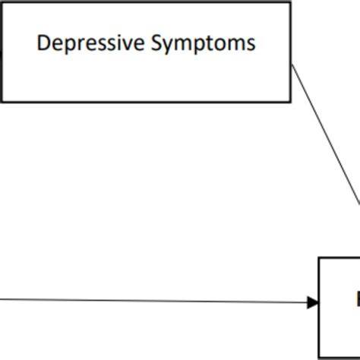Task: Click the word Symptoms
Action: (204, 43)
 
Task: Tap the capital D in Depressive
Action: (43, 43)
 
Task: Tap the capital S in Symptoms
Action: (157, 43)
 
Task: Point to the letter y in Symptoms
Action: (169, 45)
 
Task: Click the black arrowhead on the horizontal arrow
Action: (312, 302)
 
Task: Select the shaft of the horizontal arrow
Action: (152, 300)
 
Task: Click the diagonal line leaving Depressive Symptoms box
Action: (327, 137)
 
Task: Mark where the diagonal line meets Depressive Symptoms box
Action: (292, 65)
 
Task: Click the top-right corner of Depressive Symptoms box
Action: (291, 2)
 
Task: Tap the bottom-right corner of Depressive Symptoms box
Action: (291, 101)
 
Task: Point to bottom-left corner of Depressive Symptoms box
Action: (2, 101)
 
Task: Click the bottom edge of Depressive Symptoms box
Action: (144, 101)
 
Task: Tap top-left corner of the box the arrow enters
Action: (319, 258)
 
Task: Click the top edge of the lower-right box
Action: (339, 258)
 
